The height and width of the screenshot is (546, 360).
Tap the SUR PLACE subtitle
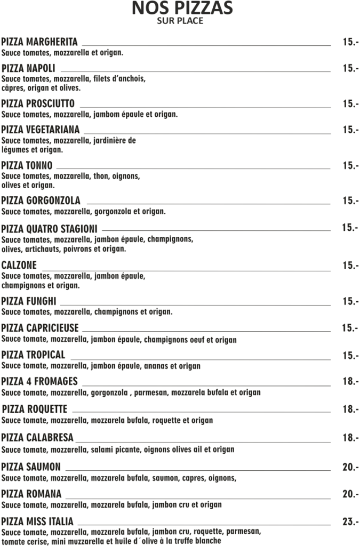180,21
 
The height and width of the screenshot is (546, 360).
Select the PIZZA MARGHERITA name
39,42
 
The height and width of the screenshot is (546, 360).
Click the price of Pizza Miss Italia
350,522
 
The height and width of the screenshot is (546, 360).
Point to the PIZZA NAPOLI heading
28,68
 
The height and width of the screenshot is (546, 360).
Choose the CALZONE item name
19,265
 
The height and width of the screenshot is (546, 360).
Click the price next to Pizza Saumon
350,468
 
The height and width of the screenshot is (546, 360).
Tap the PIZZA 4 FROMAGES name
39,381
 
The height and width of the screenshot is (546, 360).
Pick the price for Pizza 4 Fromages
350,382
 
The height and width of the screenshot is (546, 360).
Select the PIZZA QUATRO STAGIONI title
49,229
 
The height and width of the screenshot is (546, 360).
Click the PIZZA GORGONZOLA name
41,200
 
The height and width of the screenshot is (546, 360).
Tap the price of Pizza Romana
350,494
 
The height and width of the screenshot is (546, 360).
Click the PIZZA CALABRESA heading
37,438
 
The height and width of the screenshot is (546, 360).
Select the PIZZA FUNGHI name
29,301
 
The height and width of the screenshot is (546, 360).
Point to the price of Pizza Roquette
350,409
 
